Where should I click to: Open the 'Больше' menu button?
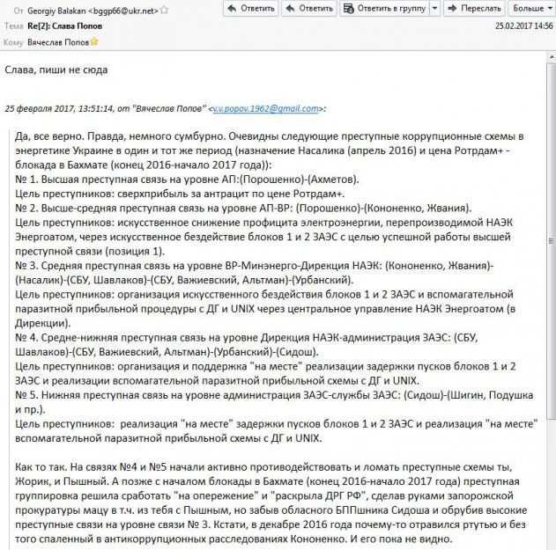point(530,8)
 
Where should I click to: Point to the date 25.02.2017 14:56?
point(523,26)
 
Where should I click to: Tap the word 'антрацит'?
point(235,194)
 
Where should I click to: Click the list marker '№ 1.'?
point(28,180)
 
